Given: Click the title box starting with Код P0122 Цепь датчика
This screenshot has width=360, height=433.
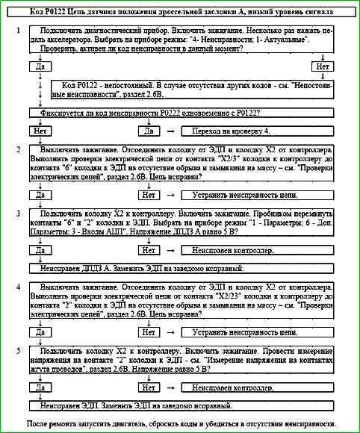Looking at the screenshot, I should click(x=180, y=13).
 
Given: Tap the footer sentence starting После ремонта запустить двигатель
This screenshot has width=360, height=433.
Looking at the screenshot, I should click(x=180, y=423).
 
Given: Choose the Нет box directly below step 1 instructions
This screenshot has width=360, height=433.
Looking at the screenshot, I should click(x=322, y=66).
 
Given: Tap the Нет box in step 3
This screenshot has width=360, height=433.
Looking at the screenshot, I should click(x=149, y=251).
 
